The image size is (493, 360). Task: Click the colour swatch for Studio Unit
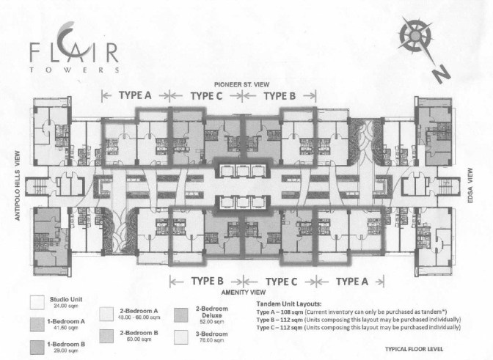coord(36,301)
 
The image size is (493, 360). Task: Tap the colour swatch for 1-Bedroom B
coord(36,345)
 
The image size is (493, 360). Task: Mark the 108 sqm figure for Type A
coord(297,310)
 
